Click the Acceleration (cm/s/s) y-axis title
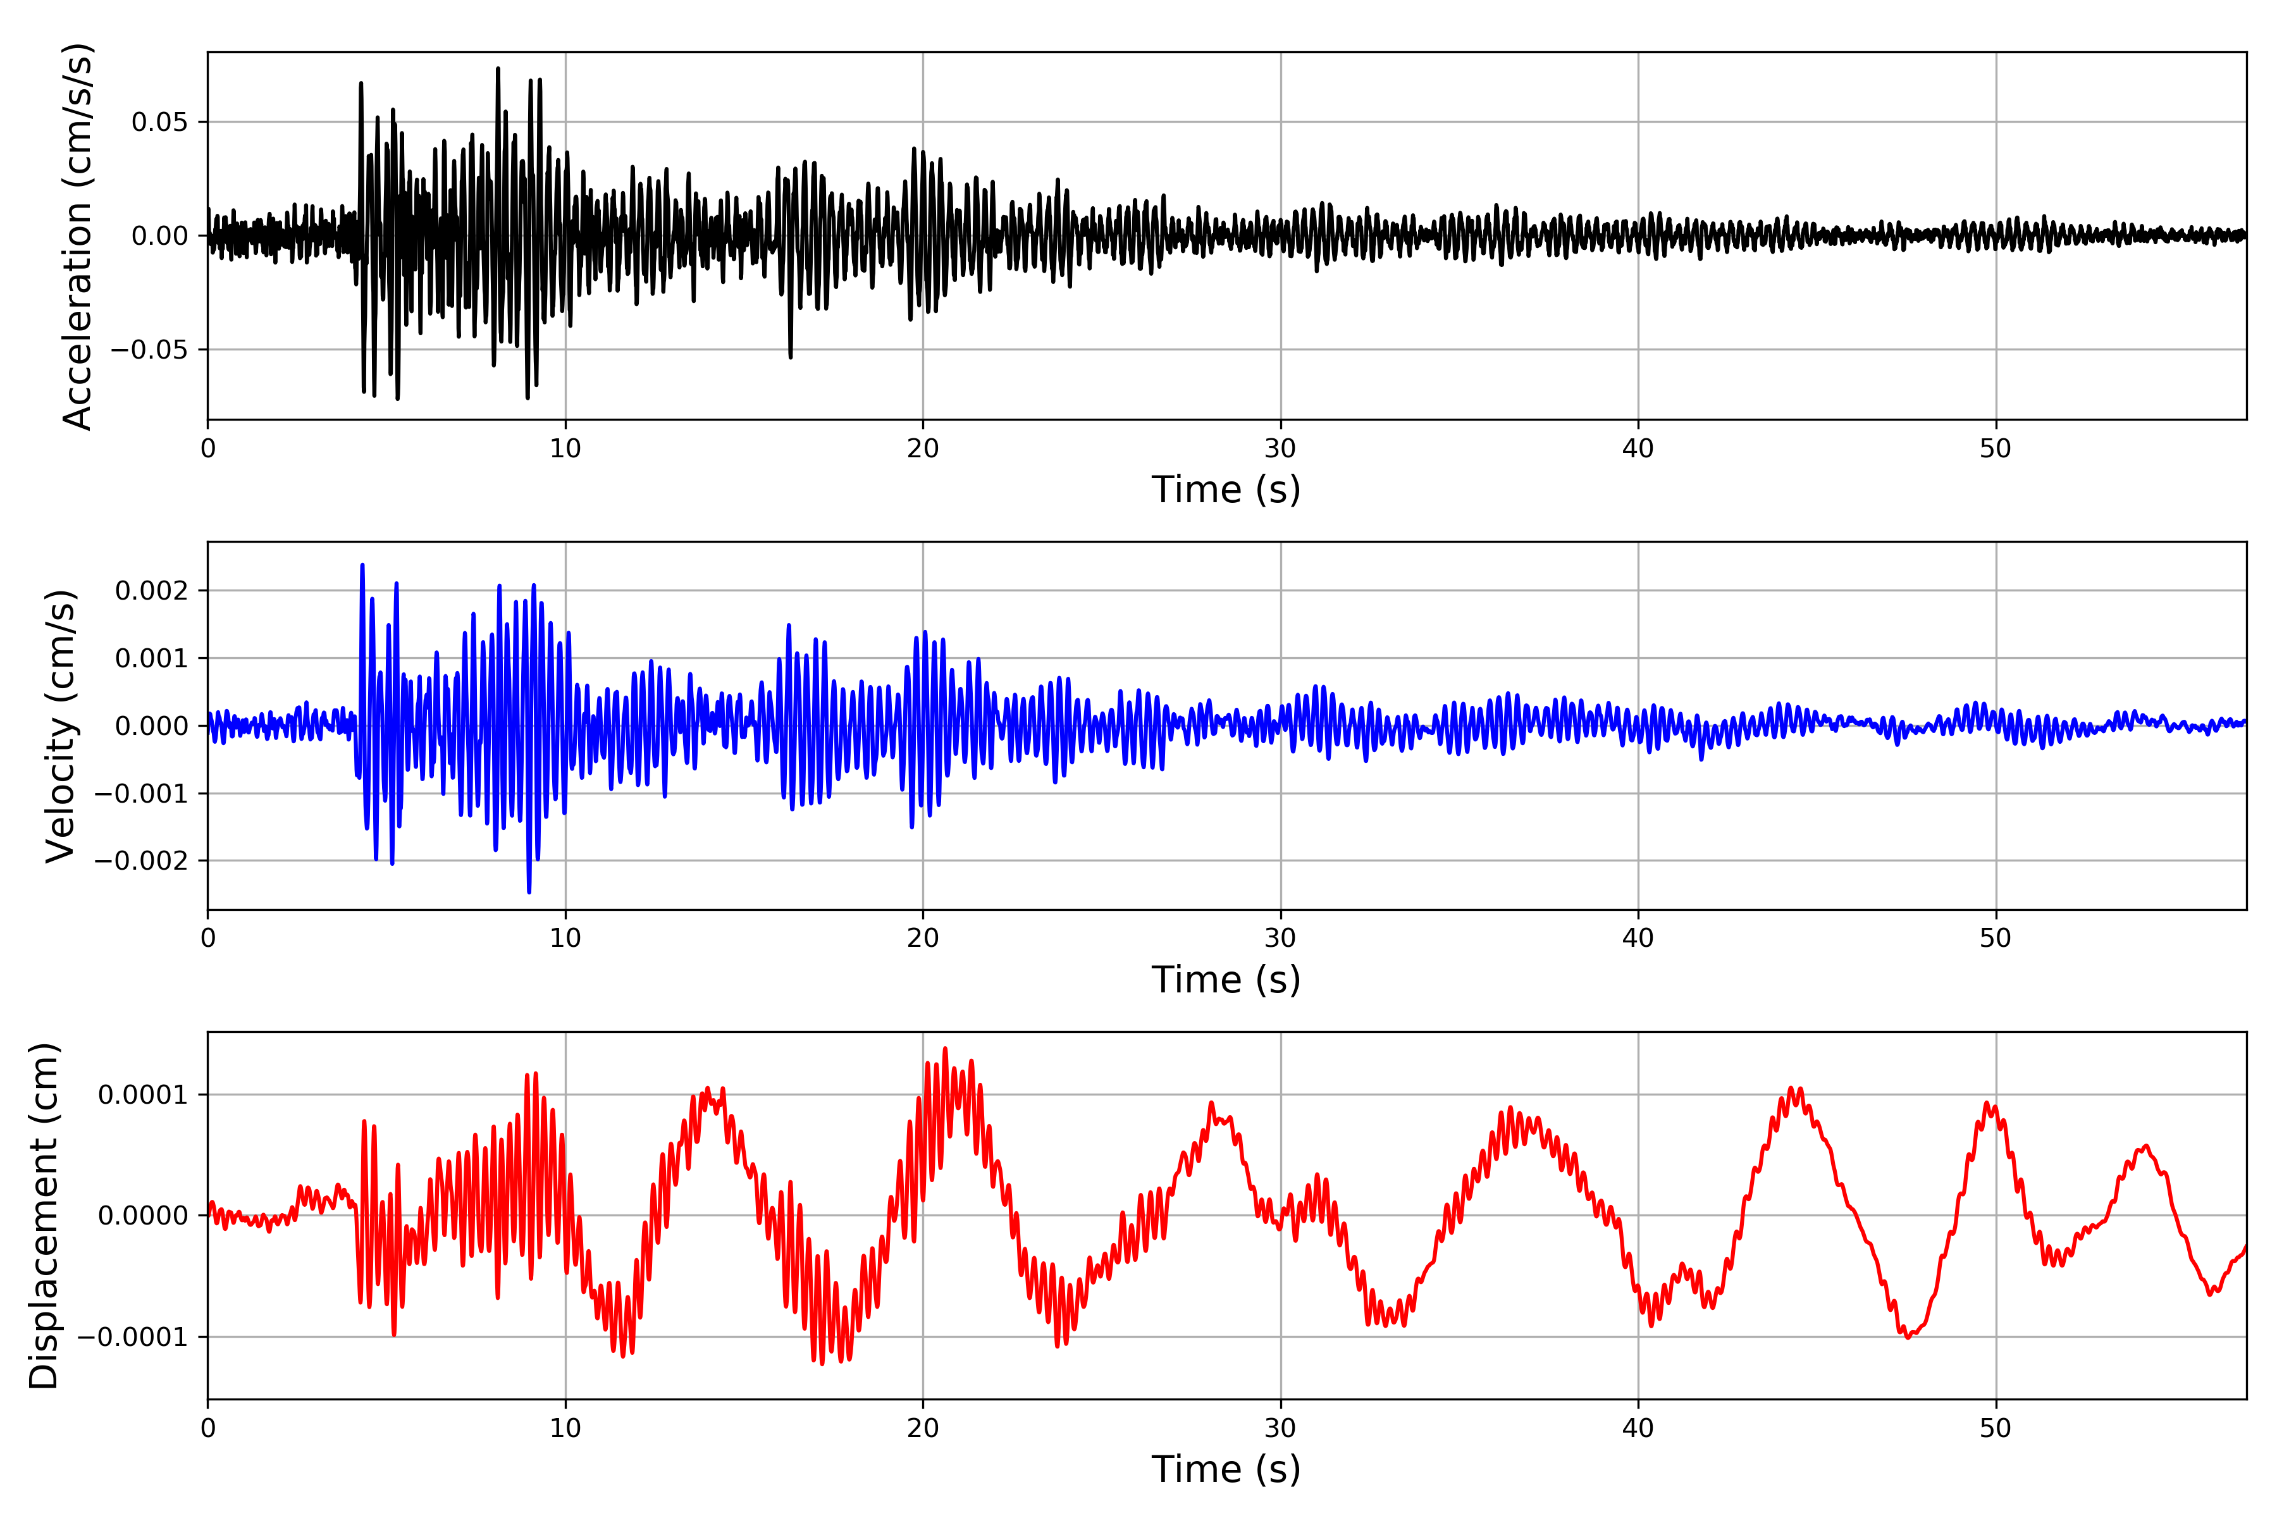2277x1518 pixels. point(77,236)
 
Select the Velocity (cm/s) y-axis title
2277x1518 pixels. point(60,726)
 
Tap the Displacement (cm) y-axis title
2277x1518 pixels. point(44,1216)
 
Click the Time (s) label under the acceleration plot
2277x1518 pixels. point(1226,490)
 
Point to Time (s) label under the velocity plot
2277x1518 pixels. point(1226,980)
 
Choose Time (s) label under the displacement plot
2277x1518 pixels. point(1226,1469)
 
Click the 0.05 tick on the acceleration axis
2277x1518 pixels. point(160,122)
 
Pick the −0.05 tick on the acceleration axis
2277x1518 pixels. point(149,350)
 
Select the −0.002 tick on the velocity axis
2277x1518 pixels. point(141,861)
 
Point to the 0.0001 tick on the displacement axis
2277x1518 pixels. point(142,1095)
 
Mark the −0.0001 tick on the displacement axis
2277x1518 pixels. point(133,1337)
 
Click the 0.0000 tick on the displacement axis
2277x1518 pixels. point(142,1216)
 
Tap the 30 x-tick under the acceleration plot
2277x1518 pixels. point(1280,449)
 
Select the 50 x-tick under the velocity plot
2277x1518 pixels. point(1996,938)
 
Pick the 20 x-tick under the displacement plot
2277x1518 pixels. point(923,1428)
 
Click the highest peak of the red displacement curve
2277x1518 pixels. point(945,1049)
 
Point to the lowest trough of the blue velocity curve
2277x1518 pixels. point(529,892)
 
